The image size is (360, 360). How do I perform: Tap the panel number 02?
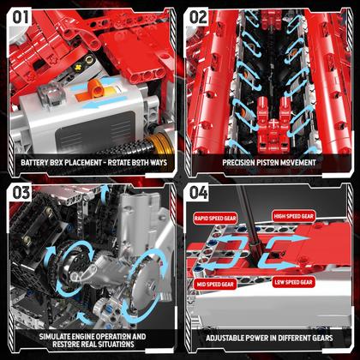pos(200,17)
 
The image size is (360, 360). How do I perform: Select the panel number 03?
pos(21,194)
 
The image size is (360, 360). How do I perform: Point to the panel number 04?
pos(199,194)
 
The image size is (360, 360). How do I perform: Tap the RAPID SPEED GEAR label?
pos(214,218)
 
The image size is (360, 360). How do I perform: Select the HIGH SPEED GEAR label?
pos(318,218)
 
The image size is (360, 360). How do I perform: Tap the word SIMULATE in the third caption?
pos(43,336)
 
